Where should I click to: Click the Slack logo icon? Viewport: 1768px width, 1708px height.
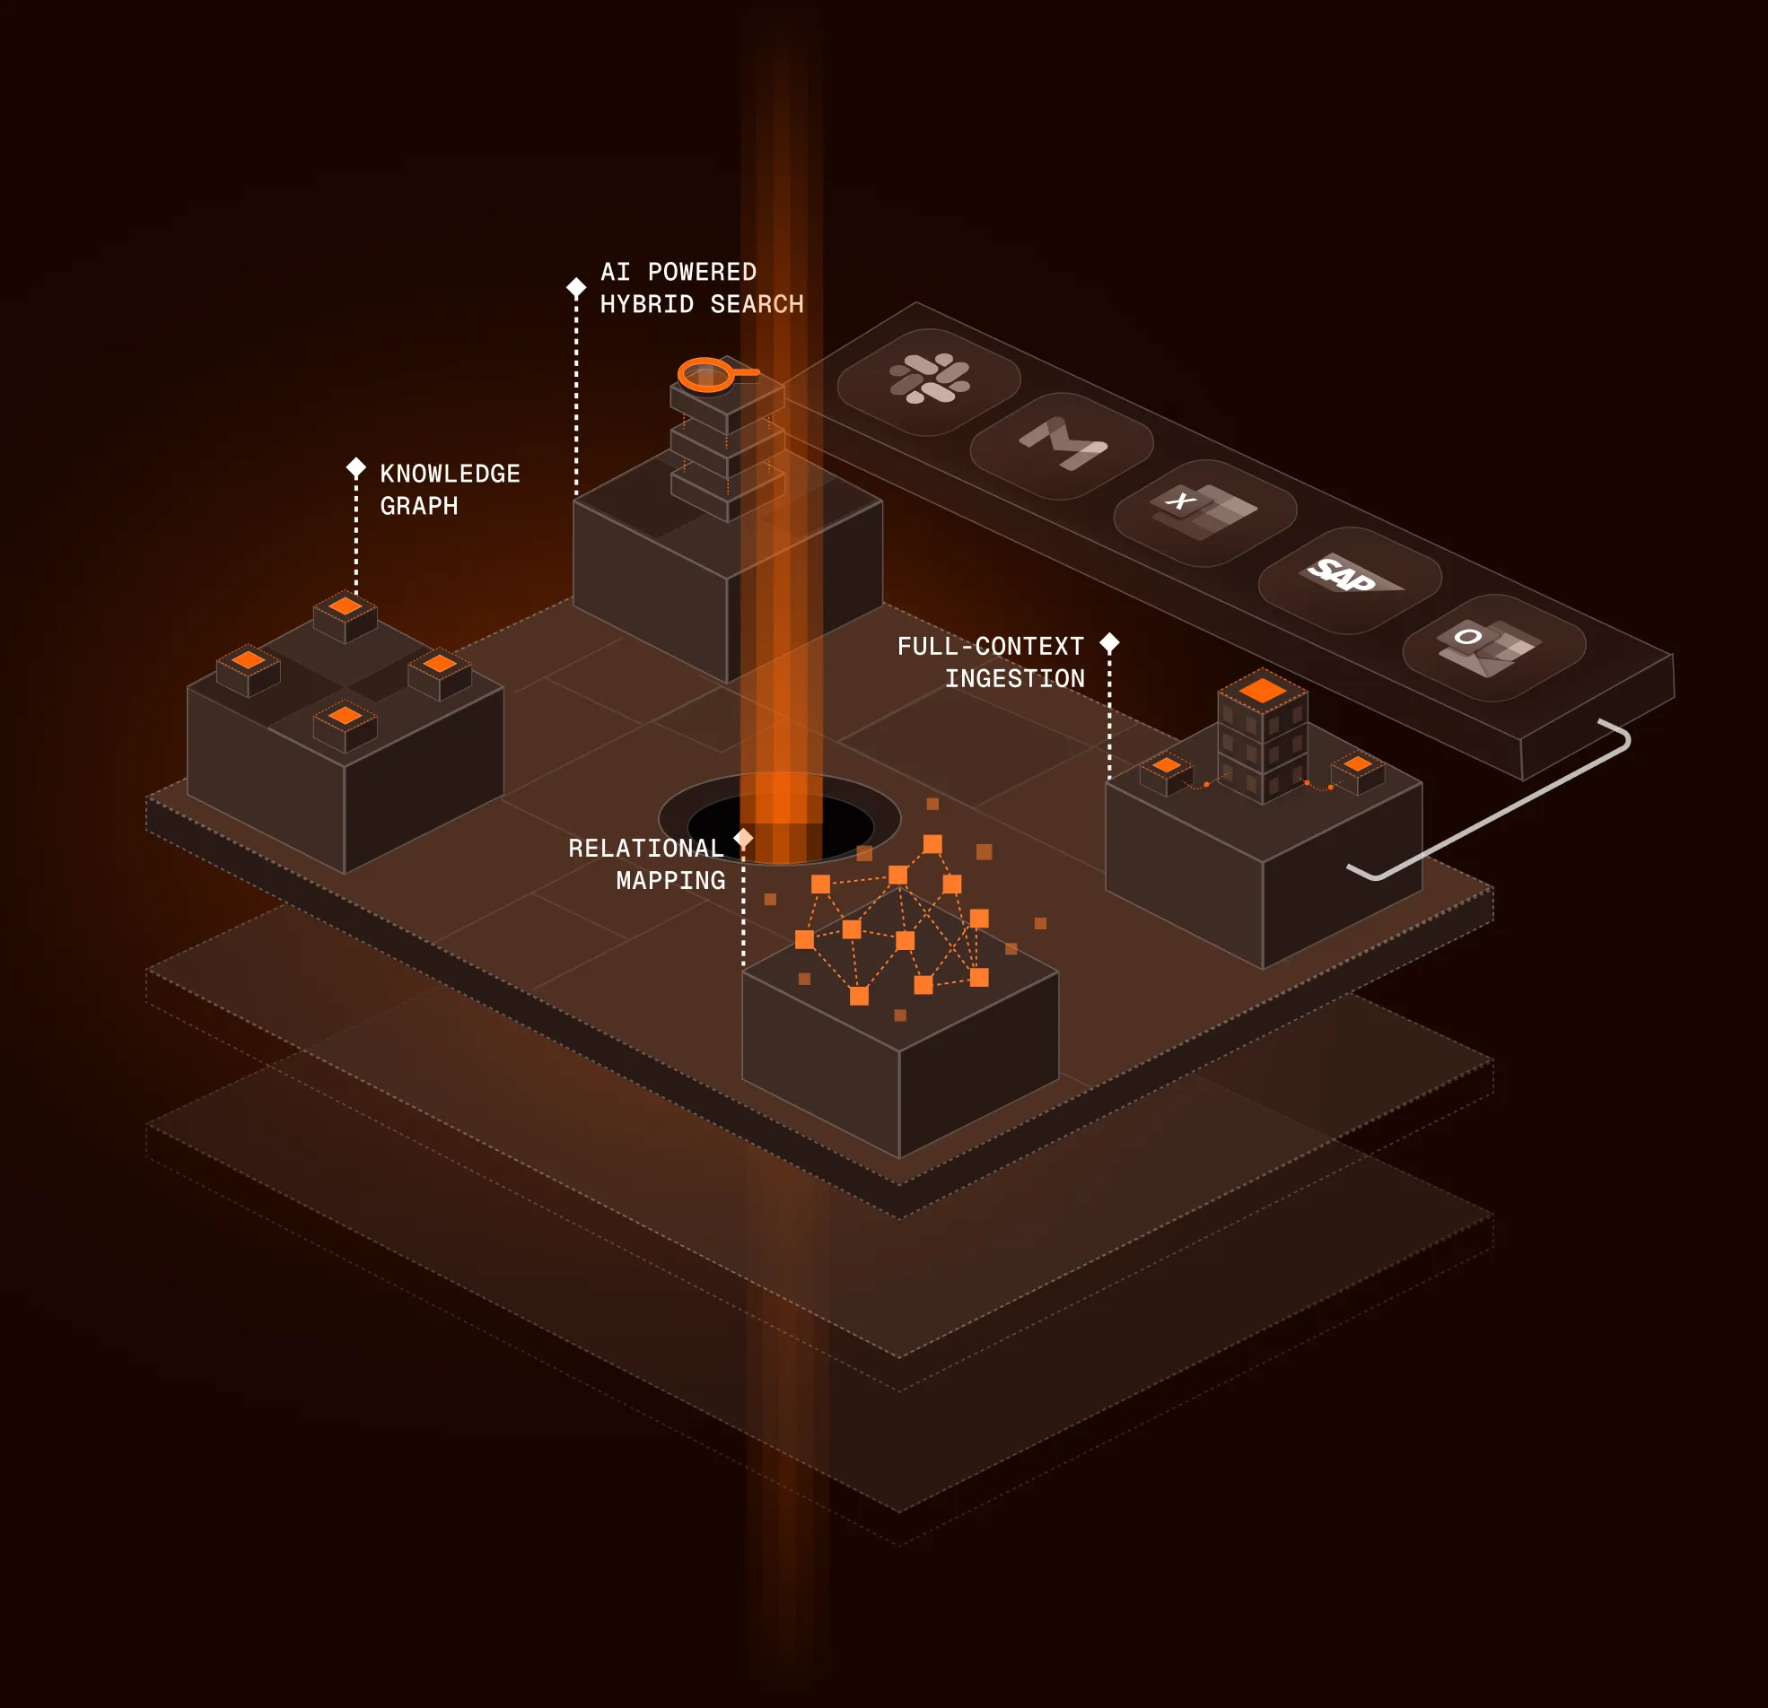tap(929, 379)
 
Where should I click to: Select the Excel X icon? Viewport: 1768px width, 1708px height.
tap(1204, 510)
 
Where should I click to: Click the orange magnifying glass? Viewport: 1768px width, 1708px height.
tap(708, 374)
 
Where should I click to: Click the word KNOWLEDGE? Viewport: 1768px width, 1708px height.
tap(451, 474)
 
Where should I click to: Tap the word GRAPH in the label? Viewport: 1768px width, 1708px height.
tap(419, 506)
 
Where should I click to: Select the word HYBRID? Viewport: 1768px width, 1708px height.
tap(647, 305)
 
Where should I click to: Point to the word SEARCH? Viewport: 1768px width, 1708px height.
tap(757, 305)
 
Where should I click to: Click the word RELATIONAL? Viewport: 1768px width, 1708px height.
tap(646, 848)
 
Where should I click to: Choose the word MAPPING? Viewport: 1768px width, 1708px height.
tap(670, 880)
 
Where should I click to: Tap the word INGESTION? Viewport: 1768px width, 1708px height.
tap(1015, 678)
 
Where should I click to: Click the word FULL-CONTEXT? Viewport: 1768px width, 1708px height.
tap(991, 646)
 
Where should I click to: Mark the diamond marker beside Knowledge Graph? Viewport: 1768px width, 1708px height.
tap(356, 467)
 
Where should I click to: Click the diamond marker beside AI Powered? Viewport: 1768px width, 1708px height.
tap(576, 288)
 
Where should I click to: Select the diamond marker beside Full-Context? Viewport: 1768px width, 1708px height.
tap(1109, 643)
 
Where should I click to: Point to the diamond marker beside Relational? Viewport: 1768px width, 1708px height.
tap(743, 838)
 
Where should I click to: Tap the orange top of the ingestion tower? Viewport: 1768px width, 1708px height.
tap(1262, 691)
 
